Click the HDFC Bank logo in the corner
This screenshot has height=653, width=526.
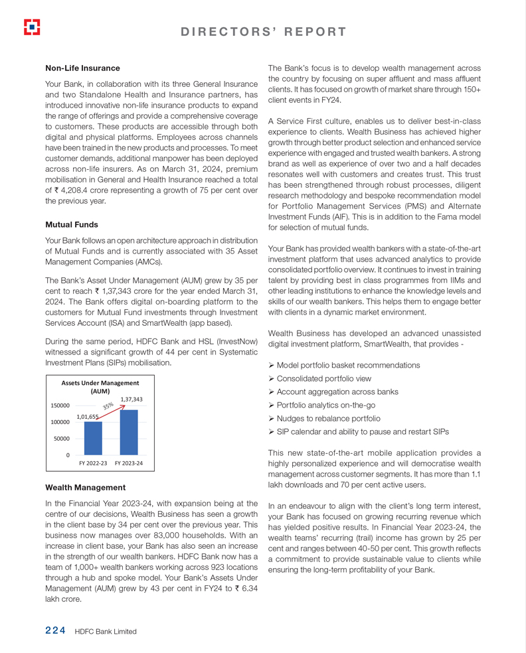pos(32,27)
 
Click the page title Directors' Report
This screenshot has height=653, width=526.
pos(263,32)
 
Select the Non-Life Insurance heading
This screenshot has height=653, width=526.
pos(82,68)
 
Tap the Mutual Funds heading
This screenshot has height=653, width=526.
pos(71,224)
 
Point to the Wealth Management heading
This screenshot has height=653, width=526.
pos(85,487)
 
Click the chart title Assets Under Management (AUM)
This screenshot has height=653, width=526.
pos(100,387)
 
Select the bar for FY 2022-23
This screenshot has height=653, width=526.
pos(93,438)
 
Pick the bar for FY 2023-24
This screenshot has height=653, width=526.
pos(129,432)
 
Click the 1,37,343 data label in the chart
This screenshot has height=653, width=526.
pos(131,399)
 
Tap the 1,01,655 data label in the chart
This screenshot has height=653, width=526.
pos(88,417)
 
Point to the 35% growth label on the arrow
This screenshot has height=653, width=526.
pos(108,405)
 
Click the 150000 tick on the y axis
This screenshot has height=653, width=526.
pos(60,405)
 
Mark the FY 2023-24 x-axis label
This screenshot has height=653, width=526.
pos(129,463)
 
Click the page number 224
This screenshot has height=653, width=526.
pos(55,631)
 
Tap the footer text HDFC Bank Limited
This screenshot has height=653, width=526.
pos(106,632)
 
